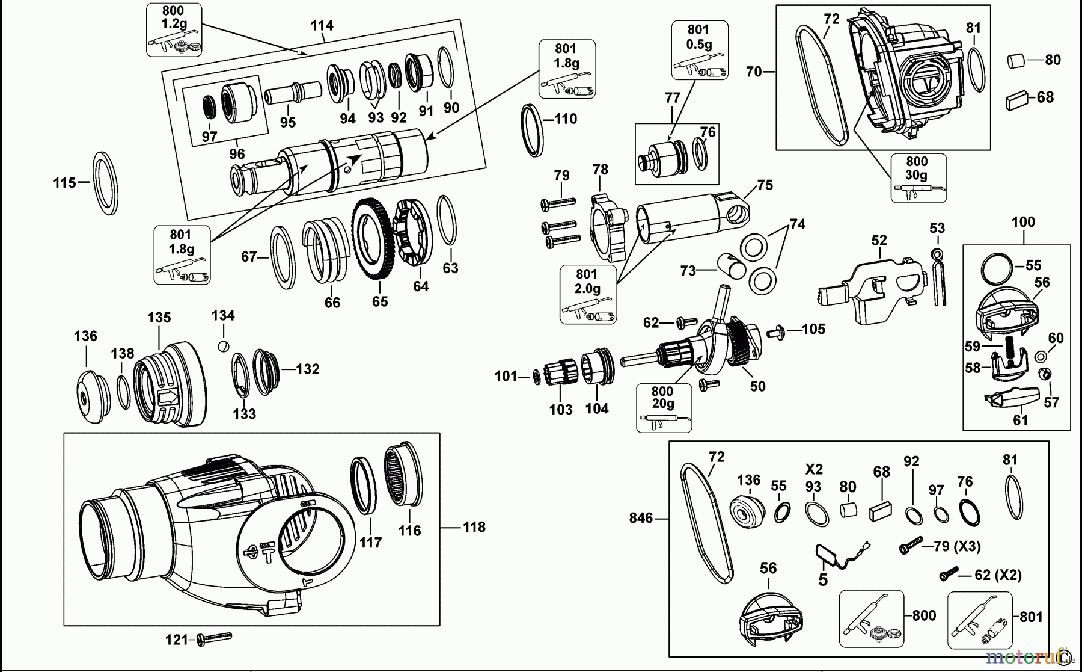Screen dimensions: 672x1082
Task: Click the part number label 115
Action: (x=64, y=182)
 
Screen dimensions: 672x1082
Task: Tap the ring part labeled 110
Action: (x=531, y=130)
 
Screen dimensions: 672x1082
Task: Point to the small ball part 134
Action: (x=223, y=345)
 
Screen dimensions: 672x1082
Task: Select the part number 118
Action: (x=474, y=527)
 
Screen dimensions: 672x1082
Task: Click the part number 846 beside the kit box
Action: (x=641, y=518)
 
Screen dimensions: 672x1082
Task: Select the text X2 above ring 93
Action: (x=814, y=469)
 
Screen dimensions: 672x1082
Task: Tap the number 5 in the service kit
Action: (x=823, y=579)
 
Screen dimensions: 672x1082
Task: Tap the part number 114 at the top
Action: (x=322, y=25)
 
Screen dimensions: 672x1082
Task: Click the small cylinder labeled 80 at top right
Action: (x=1016, y=61)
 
